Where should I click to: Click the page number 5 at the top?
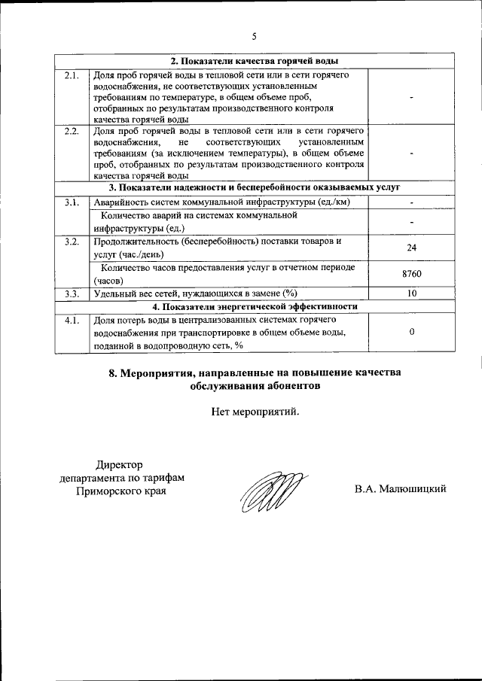pos(255,36)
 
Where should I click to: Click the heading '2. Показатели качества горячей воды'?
pos(255,61)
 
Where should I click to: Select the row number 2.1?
pos(72,75)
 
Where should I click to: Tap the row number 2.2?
pos(72,132)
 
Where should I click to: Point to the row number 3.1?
pos(72,202)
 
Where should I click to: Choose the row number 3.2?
pos(72,242)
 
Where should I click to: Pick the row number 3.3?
pos(72,293)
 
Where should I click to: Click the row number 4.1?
pos(72,320)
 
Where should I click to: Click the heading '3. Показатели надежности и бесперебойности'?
pos(254,187)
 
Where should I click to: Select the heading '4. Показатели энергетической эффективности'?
pos(255,306)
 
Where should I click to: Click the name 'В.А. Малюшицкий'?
pos(401,489)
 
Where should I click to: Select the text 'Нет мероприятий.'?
pos(255,412)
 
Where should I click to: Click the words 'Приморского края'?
pos(121,491)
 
